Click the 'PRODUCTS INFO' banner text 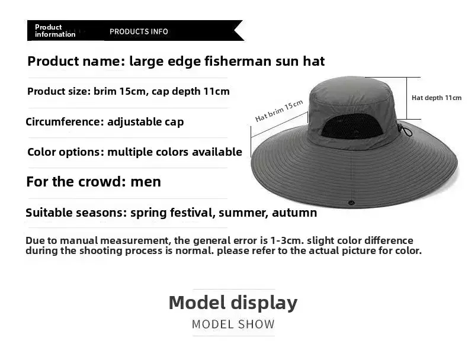tap(139, 31)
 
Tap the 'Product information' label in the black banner tap(55, 31)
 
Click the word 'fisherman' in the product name tap(238, 61)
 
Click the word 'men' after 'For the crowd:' tap(146, 182)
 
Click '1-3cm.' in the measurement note tap(287, 240)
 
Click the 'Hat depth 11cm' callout tap(437, 98)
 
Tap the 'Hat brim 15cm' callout tap(279, 111)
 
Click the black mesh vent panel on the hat tap(352, 127)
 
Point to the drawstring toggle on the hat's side tap(405, 130)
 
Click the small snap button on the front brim tap(351, 203)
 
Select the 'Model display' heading tap(233, 303)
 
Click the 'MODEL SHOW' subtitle tap(233, 324)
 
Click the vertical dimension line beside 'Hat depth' tap(406, 98)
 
